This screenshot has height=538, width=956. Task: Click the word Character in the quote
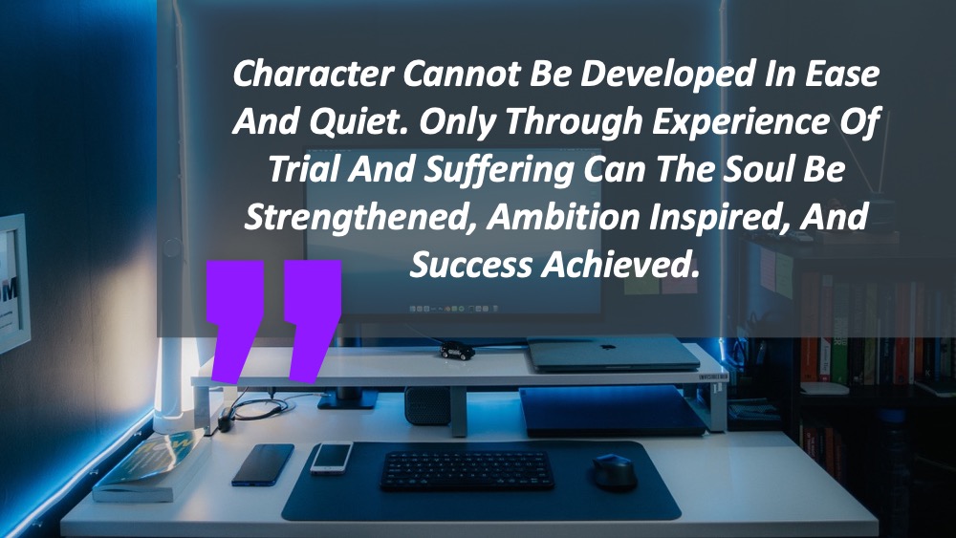(313, 74)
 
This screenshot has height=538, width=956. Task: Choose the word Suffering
(499, 169)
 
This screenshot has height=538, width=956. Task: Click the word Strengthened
(358, 218)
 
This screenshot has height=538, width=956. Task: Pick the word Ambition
(563, 218)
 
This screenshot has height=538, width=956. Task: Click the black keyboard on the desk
(467, 470)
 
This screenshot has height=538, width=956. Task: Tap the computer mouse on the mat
(615, 471)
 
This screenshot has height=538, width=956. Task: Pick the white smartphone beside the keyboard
(332, 458)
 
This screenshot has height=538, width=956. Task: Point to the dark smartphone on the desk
(263, 464)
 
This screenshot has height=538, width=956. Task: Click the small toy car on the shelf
(457, 351)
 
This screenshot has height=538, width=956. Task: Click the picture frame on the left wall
(13, 283)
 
